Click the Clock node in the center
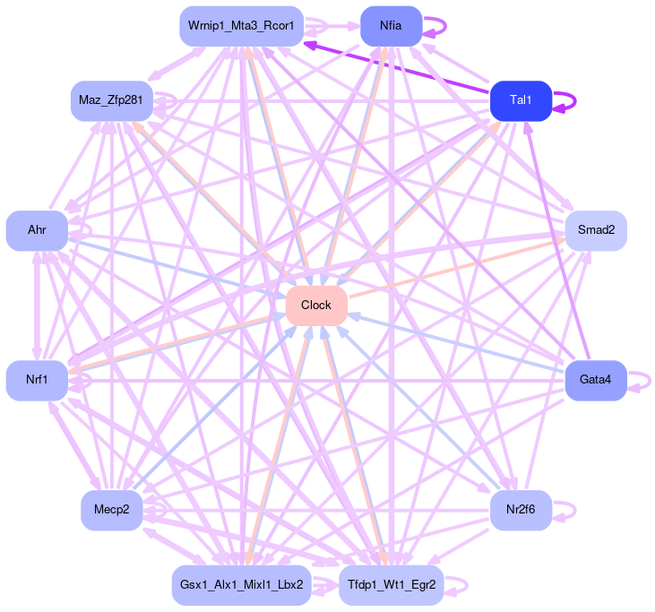(316, 306)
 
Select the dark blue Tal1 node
(520, 100)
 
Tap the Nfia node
(391, 26)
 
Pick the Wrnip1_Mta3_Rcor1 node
(241, 26)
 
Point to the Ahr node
(37, 231)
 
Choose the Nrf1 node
(37, 381)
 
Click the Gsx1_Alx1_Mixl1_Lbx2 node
(241, 585)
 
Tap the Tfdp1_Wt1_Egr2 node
(391, 585)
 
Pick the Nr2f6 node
(520, 511)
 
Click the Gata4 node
(595, 381)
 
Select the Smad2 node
(595, 231)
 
